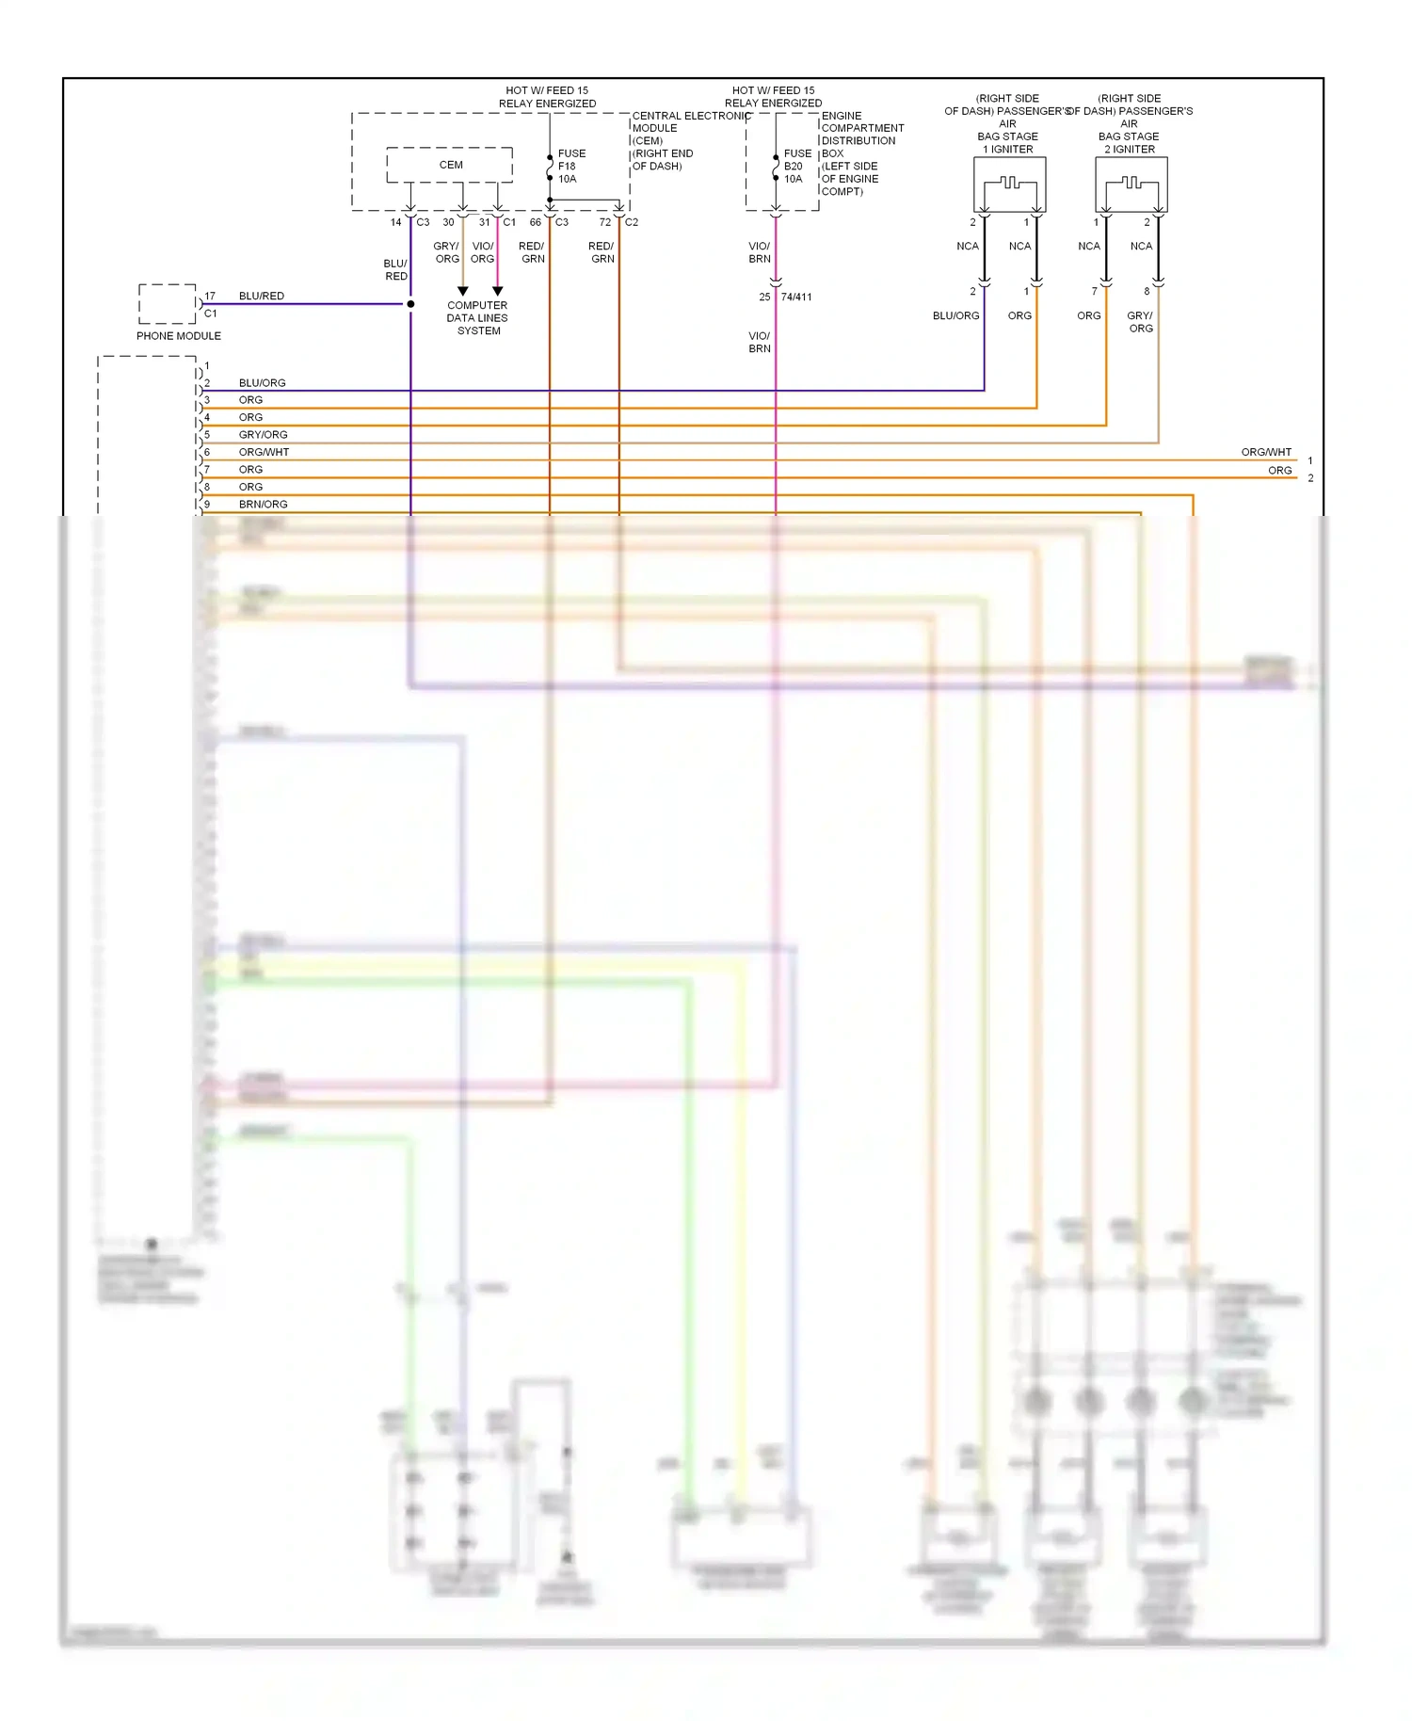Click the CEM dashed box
(450, 165)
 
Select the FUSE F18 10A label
(570, 166)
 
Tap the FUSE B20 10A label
(796, 166)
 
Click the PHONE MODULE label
(179, 336)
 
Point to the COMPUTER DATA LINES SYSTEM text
(477, 318)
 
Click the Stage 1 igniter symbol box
(1009, 185)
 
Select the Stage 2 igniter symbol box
(1131, 185)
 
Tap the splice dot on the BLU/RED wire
(410, 304)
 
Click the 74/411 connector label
(796, 297)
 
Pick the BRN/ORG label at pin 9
(263, 505)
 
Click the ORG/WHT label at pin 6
(264, 452)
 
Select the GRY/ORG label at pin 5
(263, 435)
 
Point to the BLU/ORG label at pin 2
(262, 383)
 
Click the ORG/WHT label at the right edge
(1266, 452)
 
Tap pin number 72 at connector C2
(605, 222)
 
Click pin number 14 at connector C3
(396, 222)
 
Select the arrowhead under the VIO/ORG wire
(498, 291)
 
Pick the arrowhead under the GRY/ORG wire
(462, 291)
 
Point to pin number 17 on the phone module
(210, 296)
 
